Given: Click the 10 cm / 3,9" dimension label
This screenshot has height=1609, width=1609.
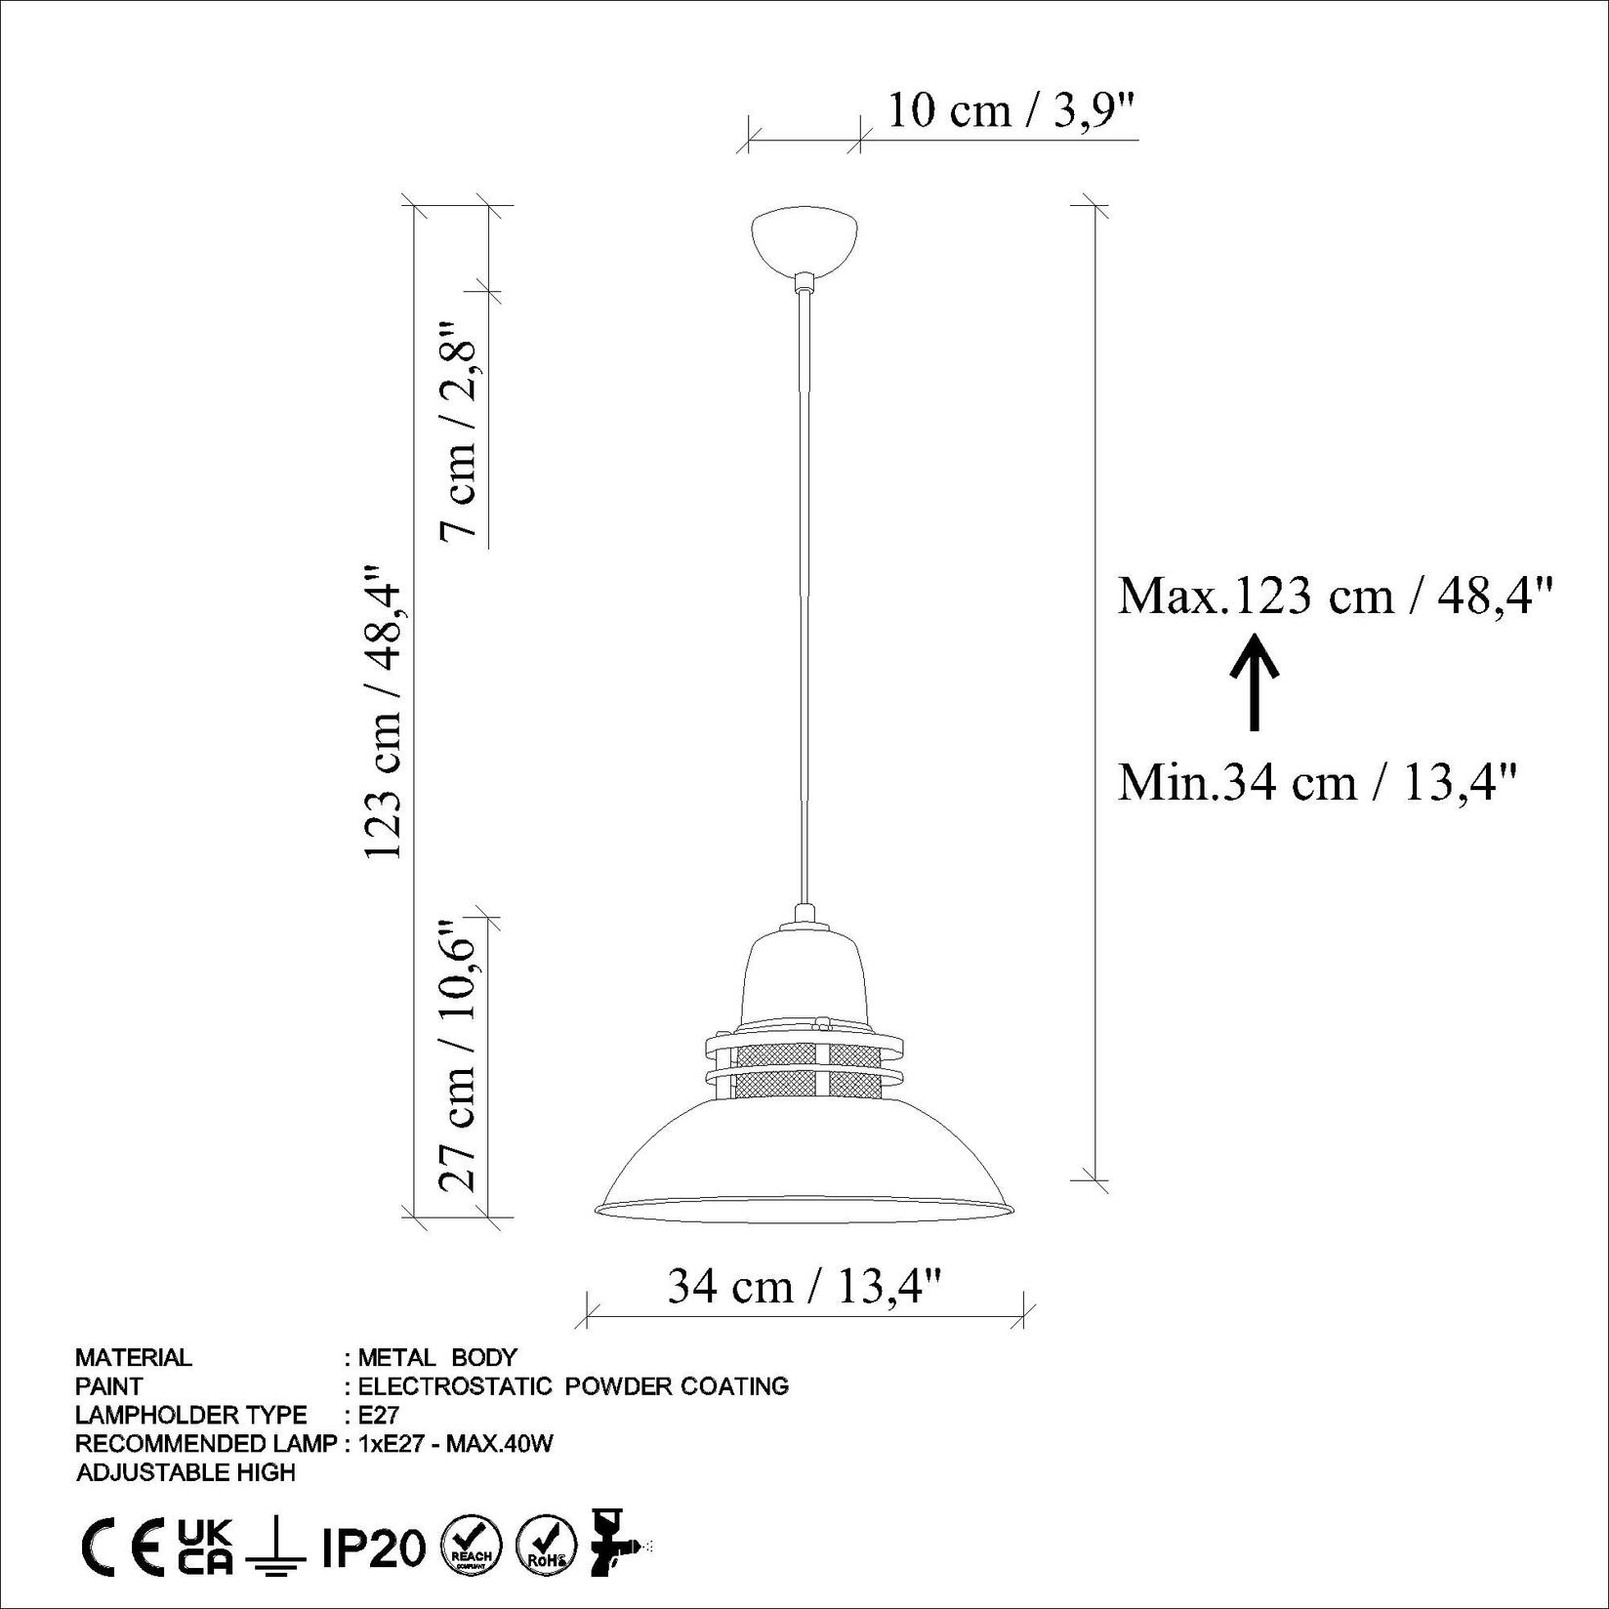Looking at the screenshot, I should [1011, 110].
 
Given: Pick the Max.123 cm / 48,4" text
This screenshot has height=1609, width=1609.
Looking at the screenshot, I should [1334, 595].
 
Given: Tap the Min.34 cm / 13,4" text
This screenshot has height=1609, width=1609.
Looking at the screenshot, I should [1318, 782].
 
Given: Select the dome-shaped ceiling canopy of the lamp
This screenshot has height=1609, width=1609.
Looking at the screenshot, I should [804, 239].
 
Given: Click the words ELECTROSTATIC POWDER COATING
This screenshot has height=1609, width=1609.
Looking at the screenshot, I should [573, 1385].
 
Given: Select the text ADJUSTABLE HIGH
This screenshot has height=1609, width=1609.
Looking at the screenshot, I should [186, 1472].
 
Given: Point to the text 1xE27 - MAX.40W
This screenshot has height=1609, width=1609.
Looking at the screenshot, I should [455, 1443].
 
